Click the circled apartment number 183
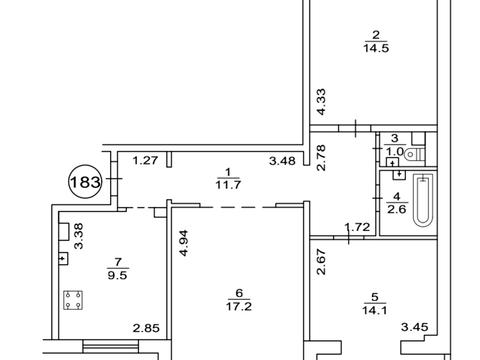(83, 184)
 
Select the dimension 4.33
(322, 102)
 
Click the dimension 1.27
(145, 159)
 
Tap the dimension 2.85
(147, 327)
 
